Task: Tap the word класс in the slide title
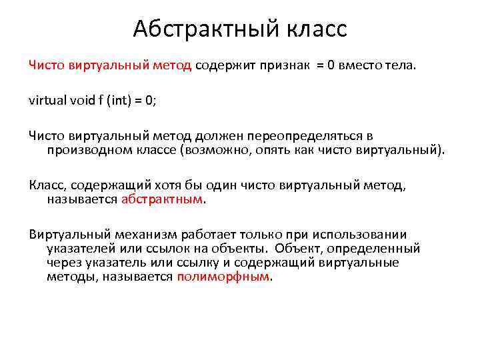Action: [x=316, y=29]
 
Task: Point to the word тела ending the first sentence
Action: [x=401, y=65]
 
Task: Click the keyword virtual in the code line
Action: [x=46, y=101]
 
